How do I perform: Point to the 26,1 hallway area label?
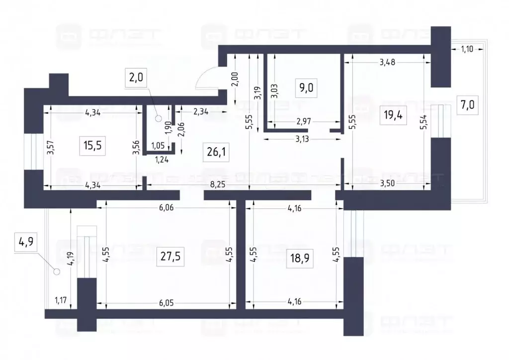tap(217, 151)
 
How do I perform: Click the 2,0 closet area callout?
tap(137, 78)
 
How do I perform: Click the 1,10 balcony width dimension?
tap(467, 48)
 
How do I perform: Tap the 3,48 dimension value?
tap(388, 62)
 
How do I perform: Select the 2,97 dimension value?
tap(303, 121)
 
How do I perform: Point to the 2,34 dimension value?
tap(200, 112)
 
